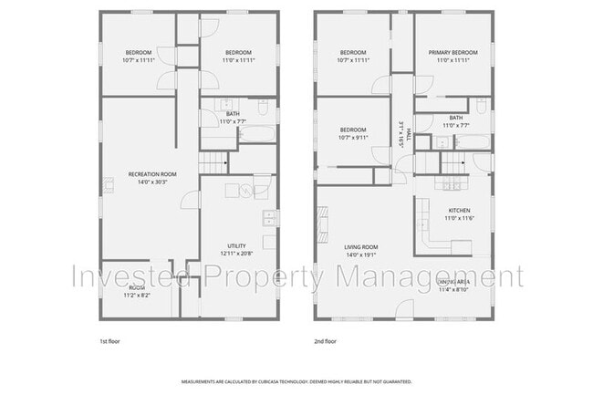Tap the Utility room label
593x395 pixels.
coord(235,245)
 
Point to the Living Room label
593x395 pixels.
coord(360,246)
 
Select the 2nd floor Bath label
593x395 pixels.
coord(454,118)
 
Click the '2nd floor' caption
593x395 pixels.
coord(326,341)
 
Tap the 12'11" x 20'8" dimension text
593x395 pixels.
coord(235,253)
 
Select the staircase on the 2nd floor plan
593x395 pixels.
coord(453,164)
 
